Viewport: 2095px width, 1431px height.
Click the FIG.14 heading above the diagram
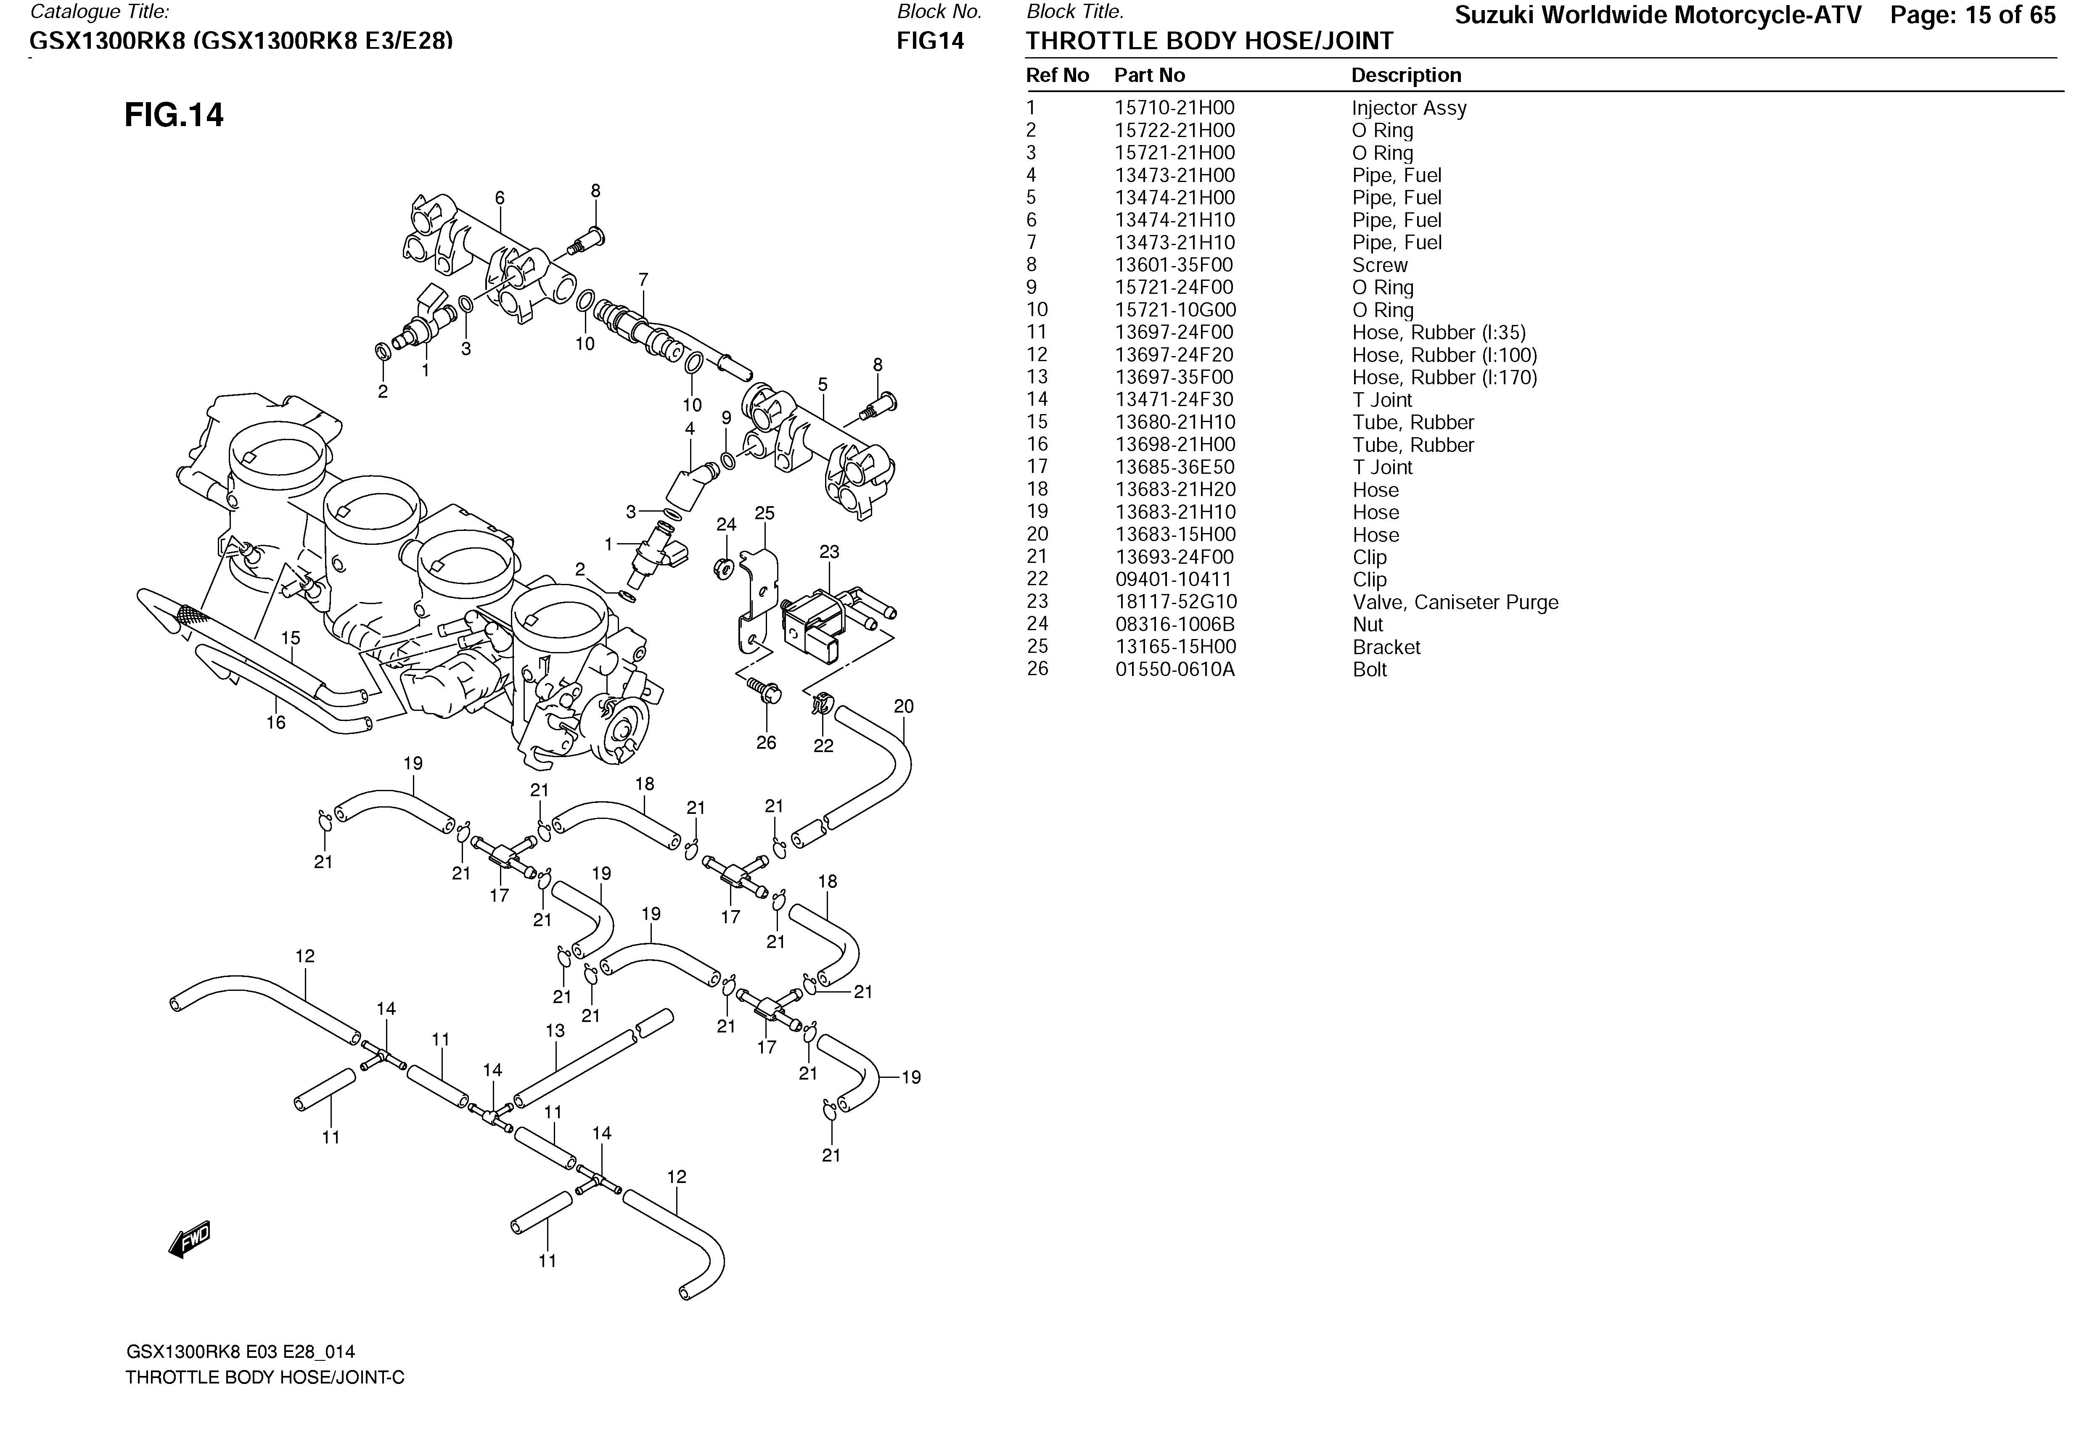tap(174, 115)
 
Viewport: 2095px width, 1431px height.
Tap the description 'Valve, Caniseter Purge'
tap(1454, 602)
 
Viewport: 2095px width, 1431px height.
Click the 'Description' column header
tap(1405, 76)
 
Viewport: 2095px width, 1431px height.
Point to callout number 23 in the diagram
tap(828, 552)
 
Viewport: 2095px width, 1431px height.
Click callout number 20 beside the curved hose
tap(903, 707)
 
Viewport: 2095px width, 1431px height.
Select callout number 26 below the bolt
tap(765, 742)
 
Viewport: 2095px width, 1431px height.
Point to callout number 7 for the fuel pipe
tap(643, 280)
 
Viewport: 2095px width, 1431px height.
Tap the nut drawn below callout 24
tap(722, 568)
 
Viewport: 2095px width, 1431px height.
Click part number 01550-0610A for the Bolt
tap(1174, 670)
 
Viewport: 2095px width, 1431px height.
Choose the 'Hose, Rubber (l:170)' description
tap(1444, 378)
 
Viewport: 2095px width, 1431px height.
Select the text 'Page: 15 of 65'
tap(1972, 15)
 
